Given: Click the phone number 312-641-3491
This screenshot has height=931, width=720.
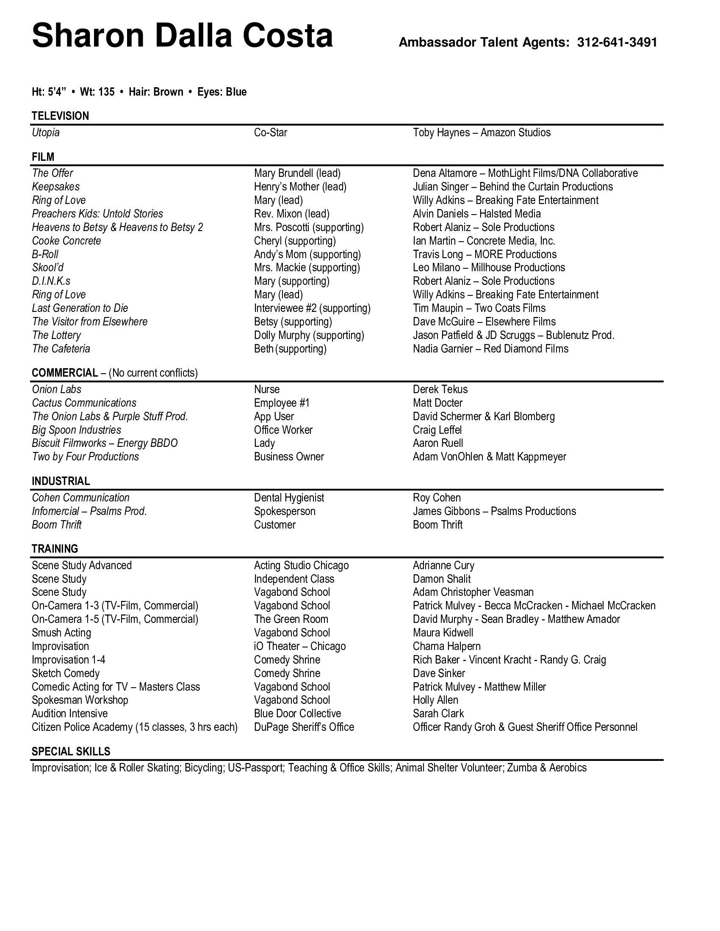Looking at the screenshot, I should [x=617, y=43].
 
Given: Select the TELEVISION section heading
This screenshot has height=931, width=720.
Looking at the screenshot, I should [x=60, y=116].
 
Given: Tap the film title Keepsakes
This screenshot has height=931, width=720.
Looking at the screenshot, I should [x=55, y=187].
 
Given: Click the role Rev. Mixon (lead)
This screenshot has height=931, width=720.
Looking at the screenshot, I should [x=292, y=214].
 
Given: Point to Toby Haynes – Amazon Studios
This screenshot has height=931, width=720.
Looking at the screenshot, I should [x=482, y=132].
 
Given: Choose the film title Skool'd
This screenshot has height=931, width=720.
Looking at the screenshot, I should [x=48, y=268].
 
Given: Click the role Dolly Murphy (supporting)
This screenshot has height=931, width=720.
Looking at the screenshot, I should [x=309, y=335].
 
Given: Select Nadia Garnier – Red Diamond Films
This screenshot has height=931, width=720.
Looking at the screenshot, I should [x=490, y=349].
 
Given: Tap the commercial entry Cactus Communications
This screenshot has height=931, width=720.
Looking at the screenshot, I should [x=84, y=403].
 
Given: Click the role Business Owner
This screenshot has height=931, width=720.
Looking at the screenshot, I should [x=289, y=457].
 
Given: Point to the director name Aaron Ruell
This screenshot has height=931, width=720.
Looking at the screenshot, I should [x=438, y=443].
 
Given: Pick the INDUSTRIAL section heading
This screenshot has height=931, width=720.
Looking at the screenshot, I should [x=61, y=481].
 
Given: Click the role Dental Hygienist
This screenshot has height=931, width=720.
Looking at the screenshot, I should [x=289, y=498].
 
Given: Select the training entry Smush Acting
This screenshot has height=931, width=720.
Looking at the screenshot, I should [x=61, y=633].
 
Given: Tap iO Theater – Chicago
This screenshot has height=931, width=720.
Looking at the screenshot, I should [x=299, y=646].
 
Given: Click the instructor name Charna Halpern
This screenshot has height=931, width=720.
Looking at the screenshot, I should [x=446, y=646].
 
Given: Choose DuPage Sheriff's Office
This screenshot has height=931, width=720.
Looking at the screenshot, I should [x=304, y=727].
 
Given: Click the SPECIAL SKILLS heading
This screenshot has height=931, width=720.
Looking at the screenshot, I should [x=71, y=752].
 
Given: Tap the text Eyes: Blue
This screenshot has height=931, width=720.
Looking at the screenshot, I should [x=222, y=92].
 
